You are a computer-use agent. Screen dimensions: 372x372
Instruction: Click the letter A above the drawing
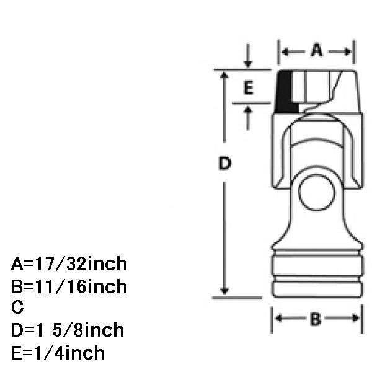pyautogui.click(x=317, y=50)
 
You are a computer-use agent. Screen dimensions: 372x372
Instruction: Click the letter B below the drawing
pyautogui.click(x=316, y=319)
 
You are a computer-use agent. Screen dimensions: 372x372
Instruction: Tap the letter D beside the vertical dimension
pyautogui.click(x=224, y=163)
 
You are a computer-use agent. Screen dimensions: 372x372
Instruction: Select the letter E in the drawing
pyautogui.click(x=249, y=88)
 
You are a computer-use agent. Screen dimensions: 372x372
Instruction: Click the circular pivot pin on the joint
pyautogui.click(x=316, y=193)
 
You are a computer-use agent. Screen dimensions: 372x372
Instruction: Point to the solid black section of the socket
pyautogui.click(x=285, y=92)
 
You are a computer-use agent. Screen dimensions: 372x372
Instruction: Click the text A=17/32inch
pyautogui.click(x=69, y=264)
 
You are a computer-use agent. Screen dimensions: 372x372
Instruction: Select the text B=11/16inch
pyautogui.click(x=69, y=286)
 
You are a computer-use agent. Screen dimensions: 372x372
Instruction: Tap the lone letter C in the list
pyautogui.click(x=17, y=308)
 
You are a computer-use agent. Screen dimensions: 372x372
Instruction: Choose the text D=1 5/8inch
pyautogui.click(x=68, y=330)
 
